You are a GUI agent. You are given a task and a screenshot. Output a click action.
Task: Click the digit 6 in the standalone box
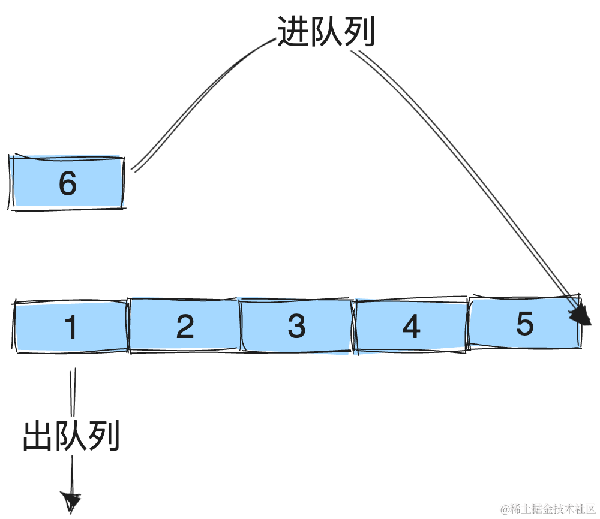click(x=67, y=183)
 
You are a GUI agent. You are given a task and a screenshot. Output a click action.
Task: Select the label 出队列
click(x=71, y=436)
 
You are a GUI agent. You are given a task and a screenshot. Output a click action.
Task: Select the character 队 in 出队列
click(x=71, y=436)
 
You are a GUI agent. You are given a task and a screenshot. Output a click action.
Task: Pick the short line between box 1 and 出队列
click(x=73, y=392)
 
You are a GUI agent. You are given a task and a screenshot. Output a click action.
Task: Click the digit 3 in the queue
click(x=296, y=327)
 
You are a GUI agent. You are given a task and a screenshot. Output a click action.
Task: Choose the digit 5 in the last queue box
click(x=524, y=324)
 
